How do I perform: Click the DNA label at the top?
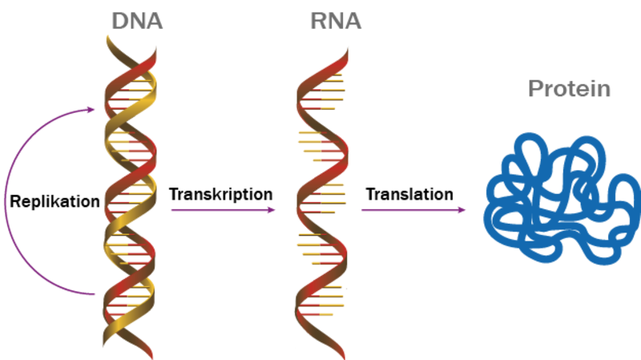pyautogui.click(x=137, y=21)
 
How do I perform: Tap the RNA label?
pyautogui.click(x=336, y=21)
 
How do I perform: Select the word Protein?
pyautogui.click(x=570, y=88)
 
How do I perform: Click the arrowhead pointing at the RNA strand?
pyautogui.click(x=272, y=210)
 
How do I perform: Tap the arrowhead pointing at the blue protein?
pyautogui.click(x=462, y=210)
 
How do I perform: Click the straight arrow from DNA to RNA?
pyautogui.click(x=220, y=210)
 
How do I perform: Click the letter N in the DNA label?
pyautogui.click(x=137, y=21)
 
